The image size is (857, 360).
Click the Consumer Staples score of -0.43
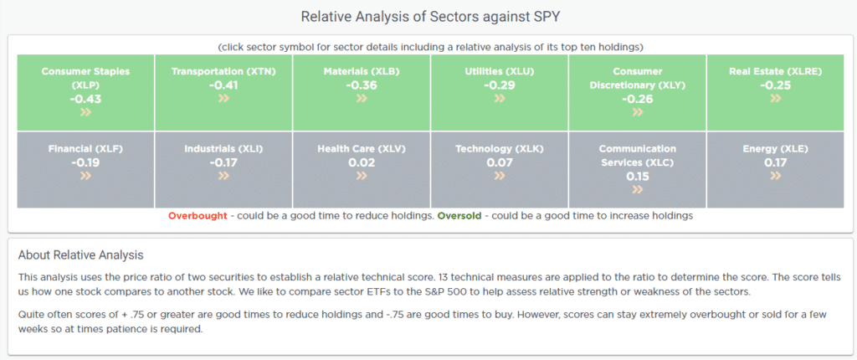(x=86, y=99)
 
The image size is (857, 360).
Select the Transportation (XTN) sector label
(x=223, y=72)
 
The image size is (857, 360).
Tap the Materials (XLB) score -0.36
(x=362, y=85)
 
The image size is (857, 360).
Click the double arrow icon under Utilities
(x=500, y=99)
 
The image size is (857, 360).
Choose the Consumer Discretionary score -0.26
(x=637, y=99)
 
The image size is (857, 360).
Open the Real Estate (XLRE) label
(x=775, y=72)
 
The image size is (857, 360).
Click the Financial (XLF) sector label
(x=86, y=149)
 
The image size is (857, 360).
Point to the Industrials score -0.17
(x=223, y=162)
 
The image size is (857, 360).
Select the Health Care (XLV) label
(x=362, y=149)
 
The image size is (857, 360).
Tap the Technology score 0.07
(x=500, y=162)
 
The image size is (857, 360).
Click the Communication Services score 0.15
(x=637, y=176)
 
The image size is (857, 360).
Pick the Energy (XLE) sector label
(x=775, y=149)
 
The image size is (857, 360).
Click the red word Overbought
(x=198, y=215)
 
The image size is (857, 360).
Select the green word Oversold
(x=459, y=215)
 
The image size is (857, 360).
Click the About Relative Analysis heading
(x=81, y=255)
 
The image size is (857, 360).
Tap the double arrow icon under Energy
(x=775, y=176)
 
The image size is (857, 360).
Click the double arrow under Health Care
(x=362, y=176)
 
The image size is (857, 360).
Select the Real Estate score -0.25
(x=775, y=85)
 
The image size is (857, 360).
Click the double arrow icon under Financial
(x=86, y=176)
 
